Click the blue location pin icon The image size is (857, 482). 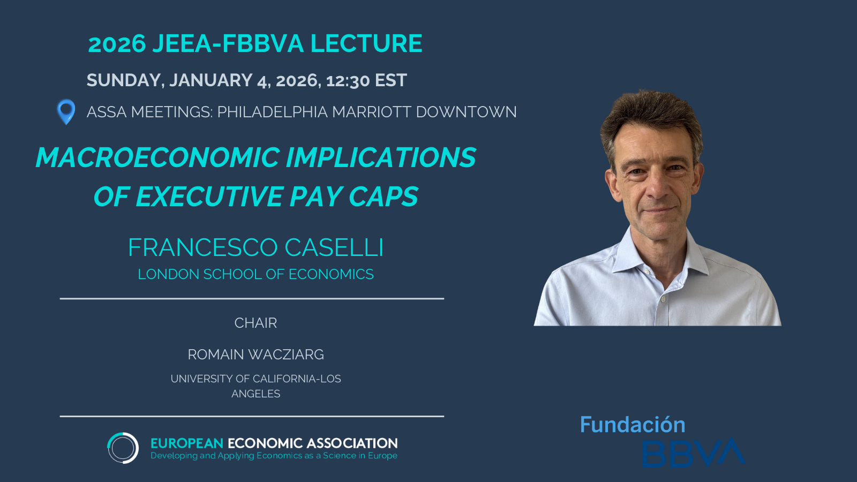pos(66,112)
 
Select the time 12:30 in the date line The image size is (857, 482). pos(348,80)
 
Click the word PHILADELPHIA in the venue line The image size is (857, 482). pos(273,112)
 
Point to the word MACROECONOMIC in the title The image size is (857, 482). pos(157,157)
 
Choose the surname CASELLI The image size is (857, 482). pos(334,247)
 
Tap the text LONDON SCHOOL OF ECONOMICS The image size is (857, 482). pos(255,274)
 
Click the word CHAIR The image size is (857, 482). pos(255,323)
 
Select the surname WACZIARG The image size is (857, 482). pos(286,355)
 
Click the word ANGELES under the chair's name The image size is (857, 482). pos(255,394)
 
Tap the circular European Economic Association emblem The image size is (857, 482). pos(123,448)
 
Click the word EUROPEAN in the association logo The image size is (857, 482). pos(187,443)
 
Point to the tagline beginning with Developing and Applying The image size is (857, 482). pos(274,456)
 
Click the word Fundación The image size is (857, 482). pos(633,425)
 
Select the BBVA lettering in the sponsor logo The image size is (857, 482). pos(694,453)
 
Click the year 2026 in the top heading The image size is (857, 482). pos(117,43)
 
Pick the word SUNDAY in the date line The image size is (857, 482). pos(125,80)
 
